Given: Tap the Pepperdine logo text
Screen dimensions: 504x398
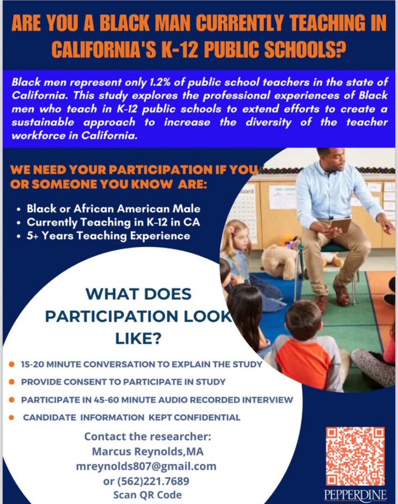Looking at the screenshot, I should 356,496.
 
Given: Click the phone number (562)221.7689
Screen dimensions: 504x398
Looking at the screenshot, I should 147,480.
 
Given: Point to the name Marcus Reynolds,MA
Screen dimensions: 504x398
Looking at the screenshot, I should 148,451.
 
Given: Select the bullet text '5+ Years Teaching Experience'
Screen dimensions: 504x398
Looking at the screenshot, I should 108,236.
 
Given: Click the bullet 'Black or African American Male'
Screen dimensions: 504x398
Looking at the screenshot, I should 113,208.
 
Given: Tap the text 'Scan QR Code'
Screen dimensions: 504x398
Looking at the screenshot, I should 148,495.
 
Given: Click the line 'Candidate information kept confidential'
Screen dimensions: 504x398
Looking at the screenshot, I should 132,417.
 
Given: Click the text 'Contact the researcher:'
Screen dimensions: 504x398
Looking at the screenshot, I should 148,436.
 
